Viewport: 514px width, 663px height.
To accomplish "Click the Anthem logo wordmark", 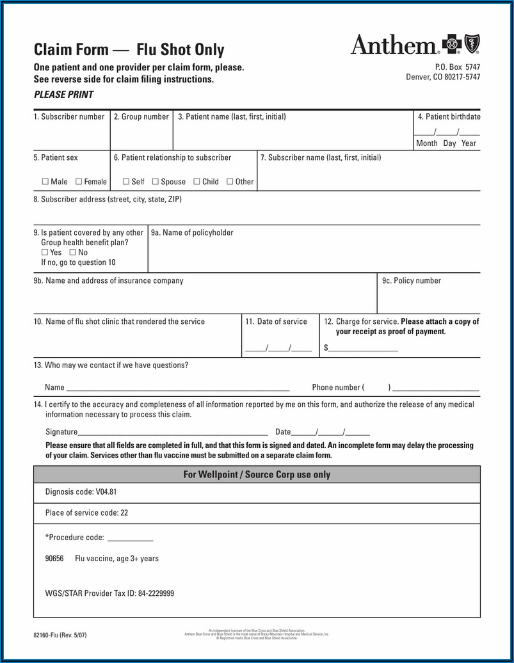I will click(x=394, y=45).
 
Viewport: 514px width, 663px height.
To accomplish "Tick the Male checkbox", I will click(x=45, y=182).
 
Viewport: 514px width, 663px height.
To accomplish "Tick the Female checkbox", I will click(x=79, y=182).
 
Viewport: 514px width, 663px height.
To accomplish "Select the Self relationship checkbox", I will click(x=125, y=182).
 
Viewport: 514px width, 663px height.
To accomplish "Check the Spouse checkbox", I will click(x=156, y=182).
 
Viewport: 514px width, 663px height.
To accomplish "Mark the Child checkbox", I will click(x=197, y=182).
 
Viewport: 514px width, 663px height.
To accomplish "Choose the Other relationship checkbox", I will click(x=230, y=182).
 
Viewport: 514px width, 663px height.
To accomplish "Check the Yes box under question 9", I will click(x=45, y=252).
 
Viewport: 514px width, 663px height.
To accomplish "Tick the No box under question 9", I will click(x=72, y=252).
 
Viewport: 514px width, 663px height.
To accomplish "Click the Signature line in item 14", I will click(x=173, y=433).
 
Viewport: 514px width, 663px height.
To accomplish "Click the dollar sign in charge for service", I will click(x=326, y=347).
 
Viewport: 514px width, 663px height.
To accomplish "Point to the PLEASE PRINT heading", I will click(x=63, y=95).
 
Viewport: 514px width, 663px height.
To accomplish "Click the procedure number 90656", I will click(x=54, y=559).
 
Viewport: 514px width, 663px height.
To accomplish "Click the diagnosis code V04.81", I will click(x=106, y=492).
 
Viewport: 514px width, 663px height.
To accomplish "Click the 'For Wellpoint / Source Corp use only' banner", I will click(x=257, y=475).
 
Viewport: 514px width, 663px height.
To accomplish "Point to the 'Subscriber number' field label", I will click(x=69, y=117).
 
